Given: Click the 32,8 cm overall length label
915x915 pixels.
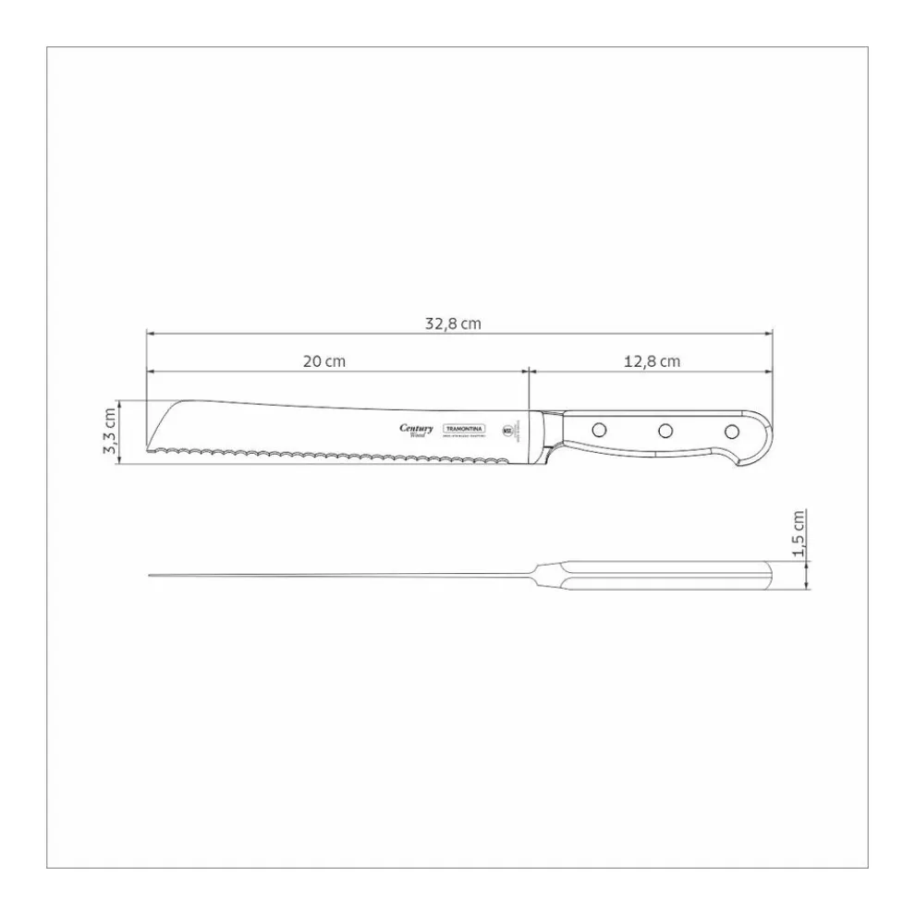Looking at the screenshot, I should [453, 323].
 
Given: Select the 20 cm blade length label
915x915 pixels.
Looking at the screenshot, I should [323, 361].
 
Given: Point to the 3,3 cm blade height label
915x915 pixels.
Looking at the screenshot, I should [110, 432].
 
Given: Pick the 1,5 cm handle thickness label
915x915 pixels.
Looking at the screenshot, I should [800, 535].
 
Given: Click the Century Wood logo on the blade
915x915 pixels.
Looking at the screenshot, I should [416, 430].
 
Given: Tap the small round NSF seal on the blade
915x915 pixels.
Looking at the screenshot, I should [507, 430].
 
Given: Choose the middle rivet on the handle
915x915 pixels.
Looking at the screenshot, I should [665, 430].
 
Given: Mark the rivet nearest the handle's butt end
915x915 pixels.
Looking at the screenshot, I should [731, 431].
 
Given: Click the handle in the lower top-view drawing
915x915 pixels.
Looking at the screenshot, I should [665, 575].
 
